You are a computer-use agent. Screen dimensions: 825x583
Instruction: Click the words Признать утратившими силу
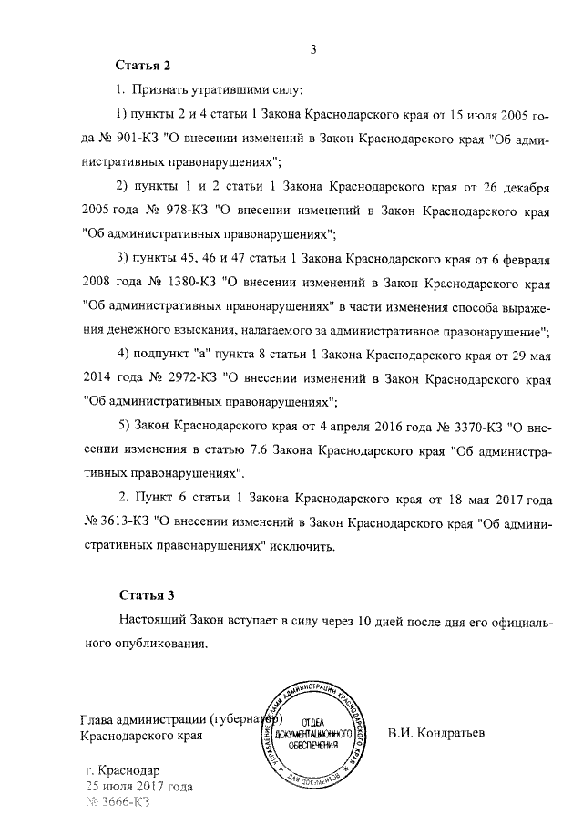pyautogui.click(x=217, y=92)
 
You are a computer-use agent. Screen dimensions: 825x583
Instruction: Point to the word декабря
pyautogui.click(x=522, y=186)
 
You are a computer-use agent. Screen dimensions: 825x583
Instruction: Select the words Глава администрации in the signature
pyautogui.click(x=143, y=716)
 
